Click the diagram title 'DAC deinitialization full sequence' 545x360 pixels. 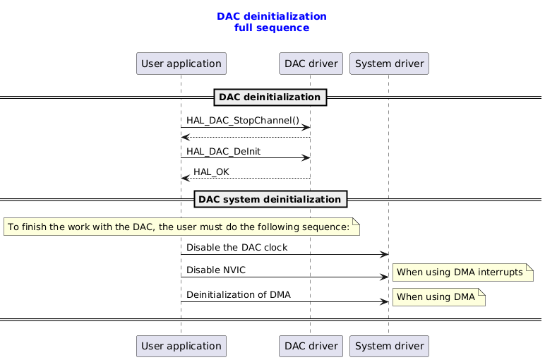(272, 22)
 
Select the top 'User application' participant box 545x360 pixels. (181, 64)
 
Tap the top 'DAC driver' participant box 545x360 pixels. (311, 64)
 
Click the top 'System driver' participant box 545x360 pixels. (389, 64)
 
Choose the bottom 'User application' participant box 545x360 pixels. (181, 346)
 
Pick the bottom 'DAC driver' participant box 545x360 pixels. (311, 346)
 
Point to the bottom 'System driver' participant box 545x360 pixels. (389, 346)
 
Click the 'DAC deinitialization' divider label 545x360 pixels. (270, 97)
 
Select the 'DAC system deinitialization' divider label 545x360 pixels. (270, 200)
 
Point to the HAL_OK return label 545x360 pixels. (211, 172)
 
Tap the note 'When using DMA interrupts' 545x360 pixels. (462, 272)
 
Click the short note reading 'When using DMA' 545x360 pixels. (438, 297)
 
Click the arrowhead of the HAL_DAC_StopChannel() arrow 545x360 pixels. (306, 127)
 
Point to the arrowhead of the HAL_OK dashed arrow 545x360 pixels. (185, 178)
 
